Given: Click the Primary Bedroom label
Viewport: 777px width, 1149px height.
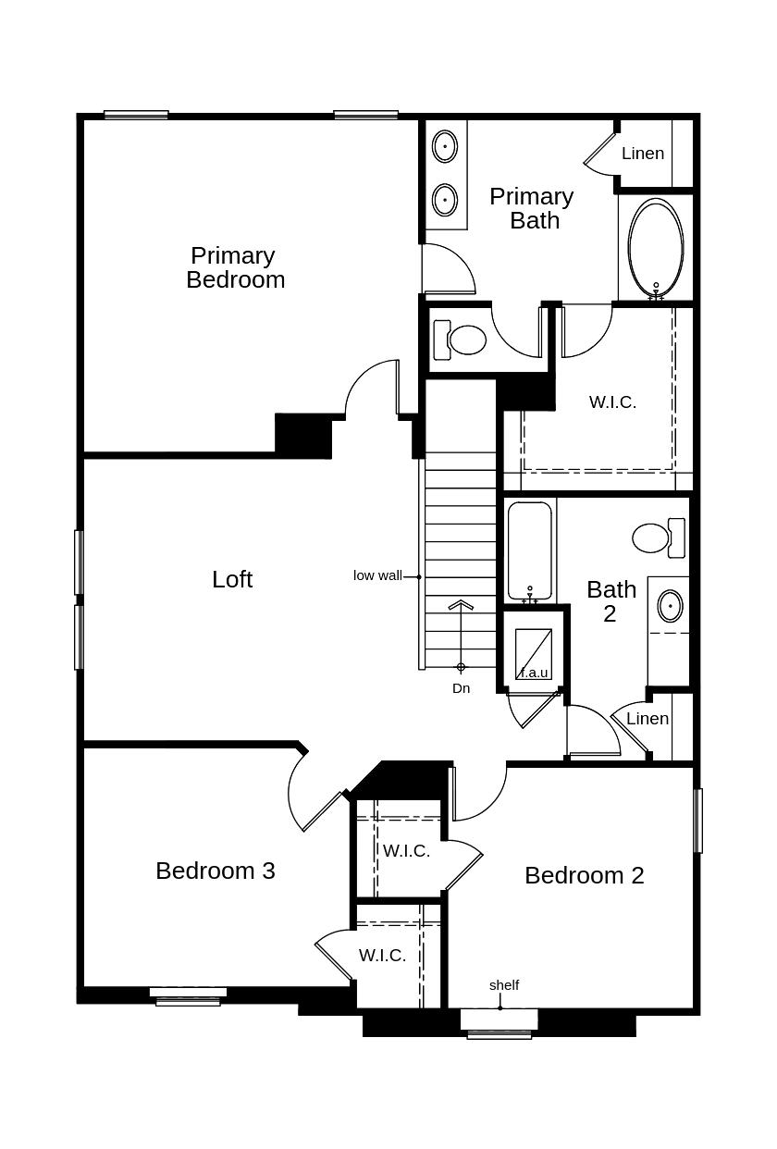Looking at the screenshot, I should [x=235, y=267].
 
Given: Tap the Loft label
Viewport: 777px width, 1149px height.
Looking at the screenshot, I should [x=232, y=579].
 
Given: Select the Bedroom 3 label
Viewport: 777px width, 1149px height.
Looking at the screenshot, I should [x=215, y=871].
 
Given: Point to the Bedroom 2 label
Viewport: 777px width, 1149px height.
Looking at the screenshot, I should [x=584, y=875].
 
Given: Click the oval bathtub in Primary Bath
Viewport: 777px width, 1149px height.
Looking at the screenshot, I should [x=656, y=247].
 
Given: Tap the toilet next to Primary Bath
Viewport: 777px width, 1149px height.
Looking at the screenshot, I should [x=462, y=340].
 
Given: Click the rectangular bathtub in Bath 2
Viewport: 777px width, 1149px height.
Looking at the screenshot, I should [x=530, y=551].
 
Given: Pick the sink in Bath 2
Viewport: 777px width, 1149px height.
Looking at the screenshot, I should [x=670, y=607].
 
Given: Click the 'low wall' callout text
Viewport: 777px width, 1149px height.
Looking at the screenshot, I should [x=377, y=575].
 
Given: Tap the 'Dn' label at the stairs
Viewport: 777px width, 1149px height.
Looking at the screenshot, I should [x=461, y=688].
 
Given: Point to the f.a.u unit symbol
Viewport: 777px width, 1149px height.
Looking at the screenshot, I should [x=534, y=655].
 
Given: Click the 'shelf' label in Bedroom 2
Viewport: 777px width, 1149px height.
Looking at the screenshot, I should [x=504, y=985].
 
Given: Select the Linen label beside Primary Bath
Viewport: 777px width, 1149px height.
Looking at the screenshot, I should [x=643, y=154].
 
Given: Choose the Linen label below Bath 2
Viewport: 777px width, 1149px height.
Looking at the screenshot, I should [x=647, y=719].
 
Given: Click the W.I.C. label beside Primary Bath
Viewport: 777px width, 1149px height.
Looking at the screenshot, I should [x=612, y=402].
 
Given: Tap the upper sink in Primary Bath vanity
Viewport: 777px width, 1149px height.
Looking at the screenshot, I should [x=445, y=146].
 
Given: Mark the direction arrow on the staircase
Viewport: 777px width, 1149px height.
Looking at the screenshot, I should [x=461, y=606].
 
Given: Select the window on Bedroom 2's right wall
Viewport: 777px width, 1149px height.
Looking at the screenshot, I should [x=698, y=821].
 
